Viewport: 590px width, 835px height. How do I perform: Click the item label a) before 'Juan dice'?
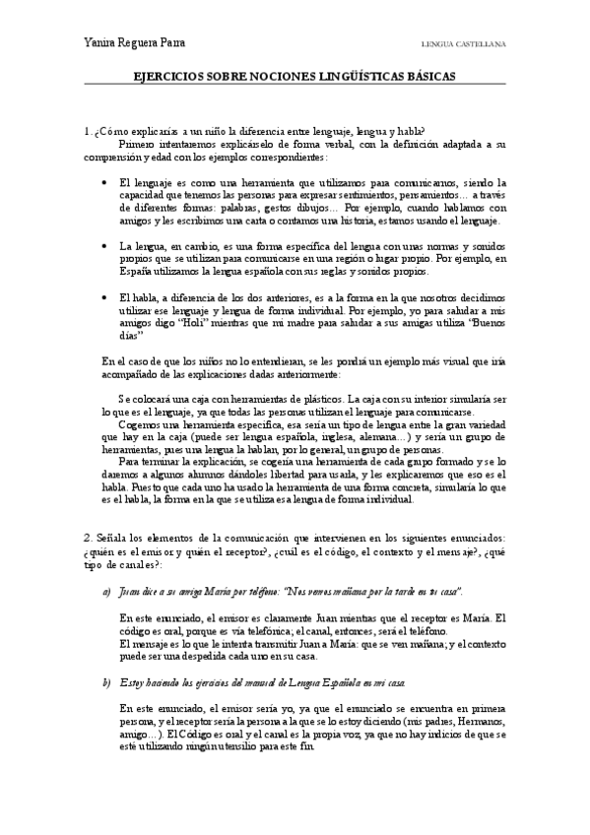(x=106, y=591)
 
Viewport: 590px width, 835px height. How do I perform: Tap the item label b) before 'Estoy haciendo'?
(x=106, y=681)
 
